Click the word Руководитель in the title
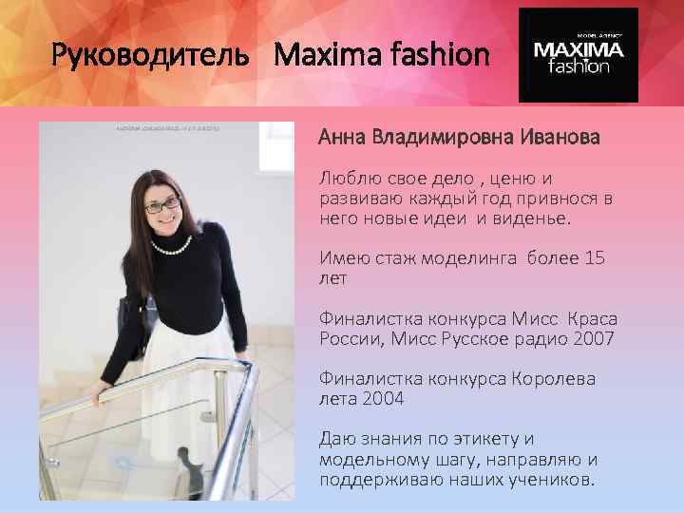(141, 57)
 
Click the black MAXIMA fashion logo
(578, 55)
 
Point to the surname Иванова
(560, 138)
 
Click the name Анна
(343, 138)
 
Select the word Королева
(552, 379)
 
